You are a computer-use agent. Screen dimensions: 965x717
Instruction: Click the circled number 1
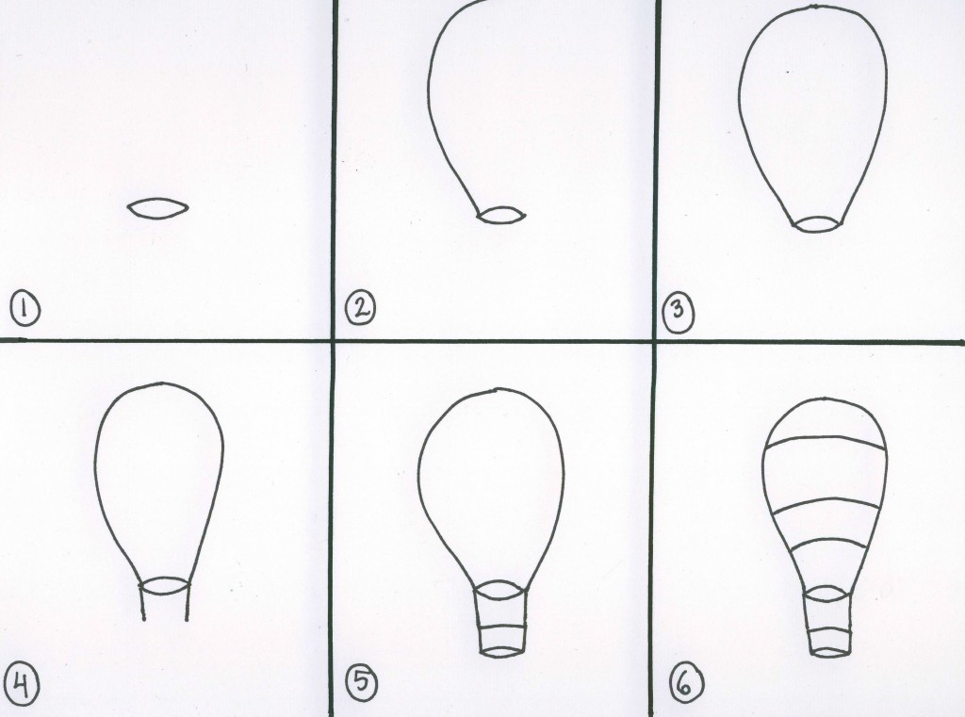pos(25,309)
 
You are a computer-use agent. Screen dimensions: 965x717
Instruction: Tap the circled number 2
pos(360,308)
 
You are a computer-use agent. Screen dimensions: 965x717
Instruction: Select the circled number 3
pos(679,312)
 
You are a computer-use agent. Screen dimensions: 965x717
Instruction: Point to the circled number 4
pos(22,685)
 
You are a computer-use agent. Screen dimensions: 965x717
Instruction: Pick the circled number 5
pos(361,682)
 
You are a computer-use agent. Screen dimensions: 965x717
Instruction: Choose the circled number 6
pos(686,682)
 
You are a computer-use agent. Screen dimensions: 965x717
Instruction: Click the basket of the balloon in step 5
pos(502,622)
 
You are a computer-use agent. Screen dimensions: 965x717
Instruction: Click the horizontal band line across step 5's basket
pos(502,627)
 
